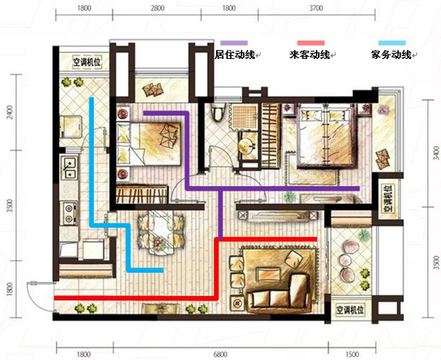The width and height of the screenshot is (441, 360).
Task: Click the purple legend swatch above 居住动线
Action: [234, 43]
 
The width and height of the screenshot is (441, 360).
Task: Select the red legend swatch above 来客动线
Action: [311, 43]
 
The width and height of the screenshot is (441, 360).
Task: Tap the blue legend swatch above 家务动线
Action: [392, 43]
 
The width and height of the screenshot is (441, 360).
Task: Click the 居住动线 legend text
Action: [235, 54]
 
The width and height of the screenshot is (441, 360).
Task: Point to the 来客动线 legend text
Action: [310, 54]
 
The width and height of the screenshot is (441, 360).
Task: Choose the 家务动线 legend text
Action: [391, 54]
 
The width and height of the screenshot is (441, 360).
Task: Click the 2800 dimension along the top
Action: [157, 8]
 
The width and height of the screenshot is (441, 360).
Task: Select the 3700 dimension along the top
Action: [316, 8]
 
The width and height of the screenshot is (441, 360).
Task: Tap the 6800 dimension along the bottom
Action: [220, 354]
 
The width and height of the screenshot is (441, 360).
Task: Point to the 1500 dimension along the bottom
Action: [352, 354]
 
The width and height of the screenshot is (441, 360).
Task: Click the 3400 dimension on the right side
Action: [436, 152]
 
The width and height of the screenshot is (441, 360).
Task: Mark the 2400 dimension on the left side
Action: [10, 112]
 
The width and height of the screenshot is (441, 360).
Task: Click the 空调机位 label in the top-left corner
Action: [87, 63]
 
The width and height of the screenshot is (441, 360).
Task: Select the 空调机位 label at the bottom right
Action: [350, 310]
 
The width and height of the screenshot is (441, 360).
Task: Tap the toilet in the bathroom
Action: [218, 112]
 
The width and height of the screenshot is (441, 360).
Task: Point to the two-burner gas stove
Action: [69, 213]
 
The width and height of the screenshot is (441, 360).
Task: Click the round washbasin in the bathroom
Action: [246, 146]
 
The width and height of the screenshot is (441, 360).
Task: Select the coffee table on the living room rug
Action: [269, 274]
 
